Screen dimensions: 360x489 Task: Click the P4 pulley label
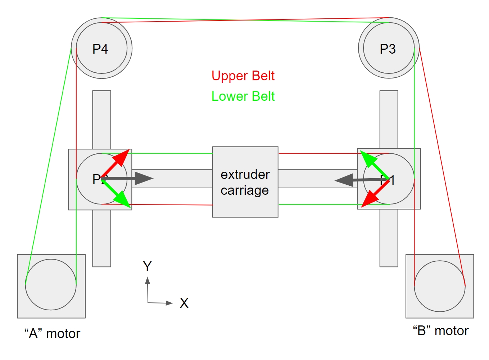click(x=100, y=49)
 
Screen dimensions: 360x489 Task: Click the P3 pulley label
click(x=388, y=49)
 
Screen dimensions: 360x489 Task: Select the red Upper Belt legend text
click(x=243, y=76)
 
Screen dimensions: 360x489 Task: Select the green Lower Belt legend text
click(x=243, y=96)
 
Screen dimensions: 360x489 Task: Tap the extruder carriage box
click(x=245, y=182)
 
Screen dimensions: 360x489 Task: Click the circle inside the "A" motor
click(x=51, y=284)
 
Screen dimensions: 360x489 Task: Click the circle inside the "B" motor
click(x=439, y=286)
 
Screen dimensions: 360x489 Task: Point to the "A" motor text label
click(x=52, y=334)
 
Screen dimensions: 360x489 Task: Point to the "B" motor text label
click(x=440, y=330)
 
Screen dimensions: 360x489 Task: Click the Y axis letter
click(x=147, y=266)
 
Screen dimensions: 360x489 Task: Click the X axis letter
click(x=184, y=303)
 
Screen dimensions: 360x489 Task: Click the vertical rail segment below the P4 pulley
click(x=101, y=119)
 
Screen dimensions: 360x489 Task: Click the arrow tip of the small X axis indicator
click(x=172, y=303)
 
